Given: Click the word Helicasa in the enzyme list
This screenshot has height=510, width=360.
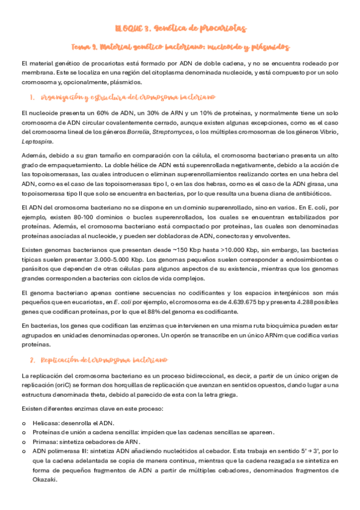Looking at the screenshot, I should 44,423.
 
